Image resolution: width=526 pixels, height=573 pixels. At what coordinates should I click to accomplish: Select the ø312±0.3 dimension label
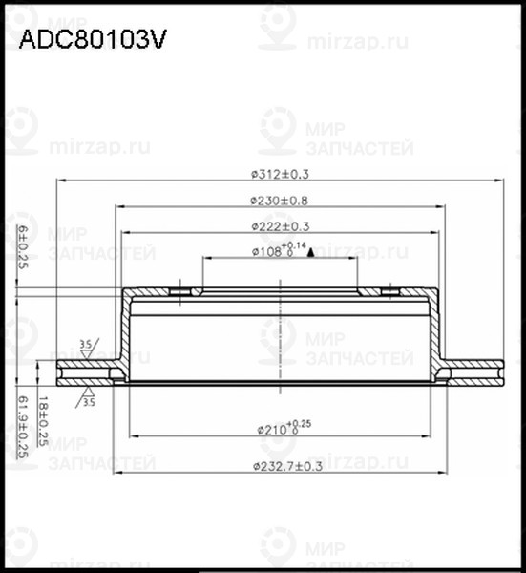tap(281, 174)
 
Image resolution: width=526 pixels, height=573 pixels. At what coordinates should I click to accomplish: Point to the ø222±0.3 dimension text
tap(281, 225)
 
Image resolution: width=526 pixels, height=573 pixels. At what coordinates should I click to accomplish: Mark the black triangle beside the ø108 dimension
tap(311, 253)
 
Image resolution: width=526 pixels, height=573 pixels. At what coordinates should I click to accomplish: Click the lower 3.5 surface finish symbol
tap(89, 397)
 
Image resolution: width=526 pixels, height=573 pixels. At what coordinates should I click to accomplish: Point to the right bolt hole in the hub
tap(389, 291)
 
